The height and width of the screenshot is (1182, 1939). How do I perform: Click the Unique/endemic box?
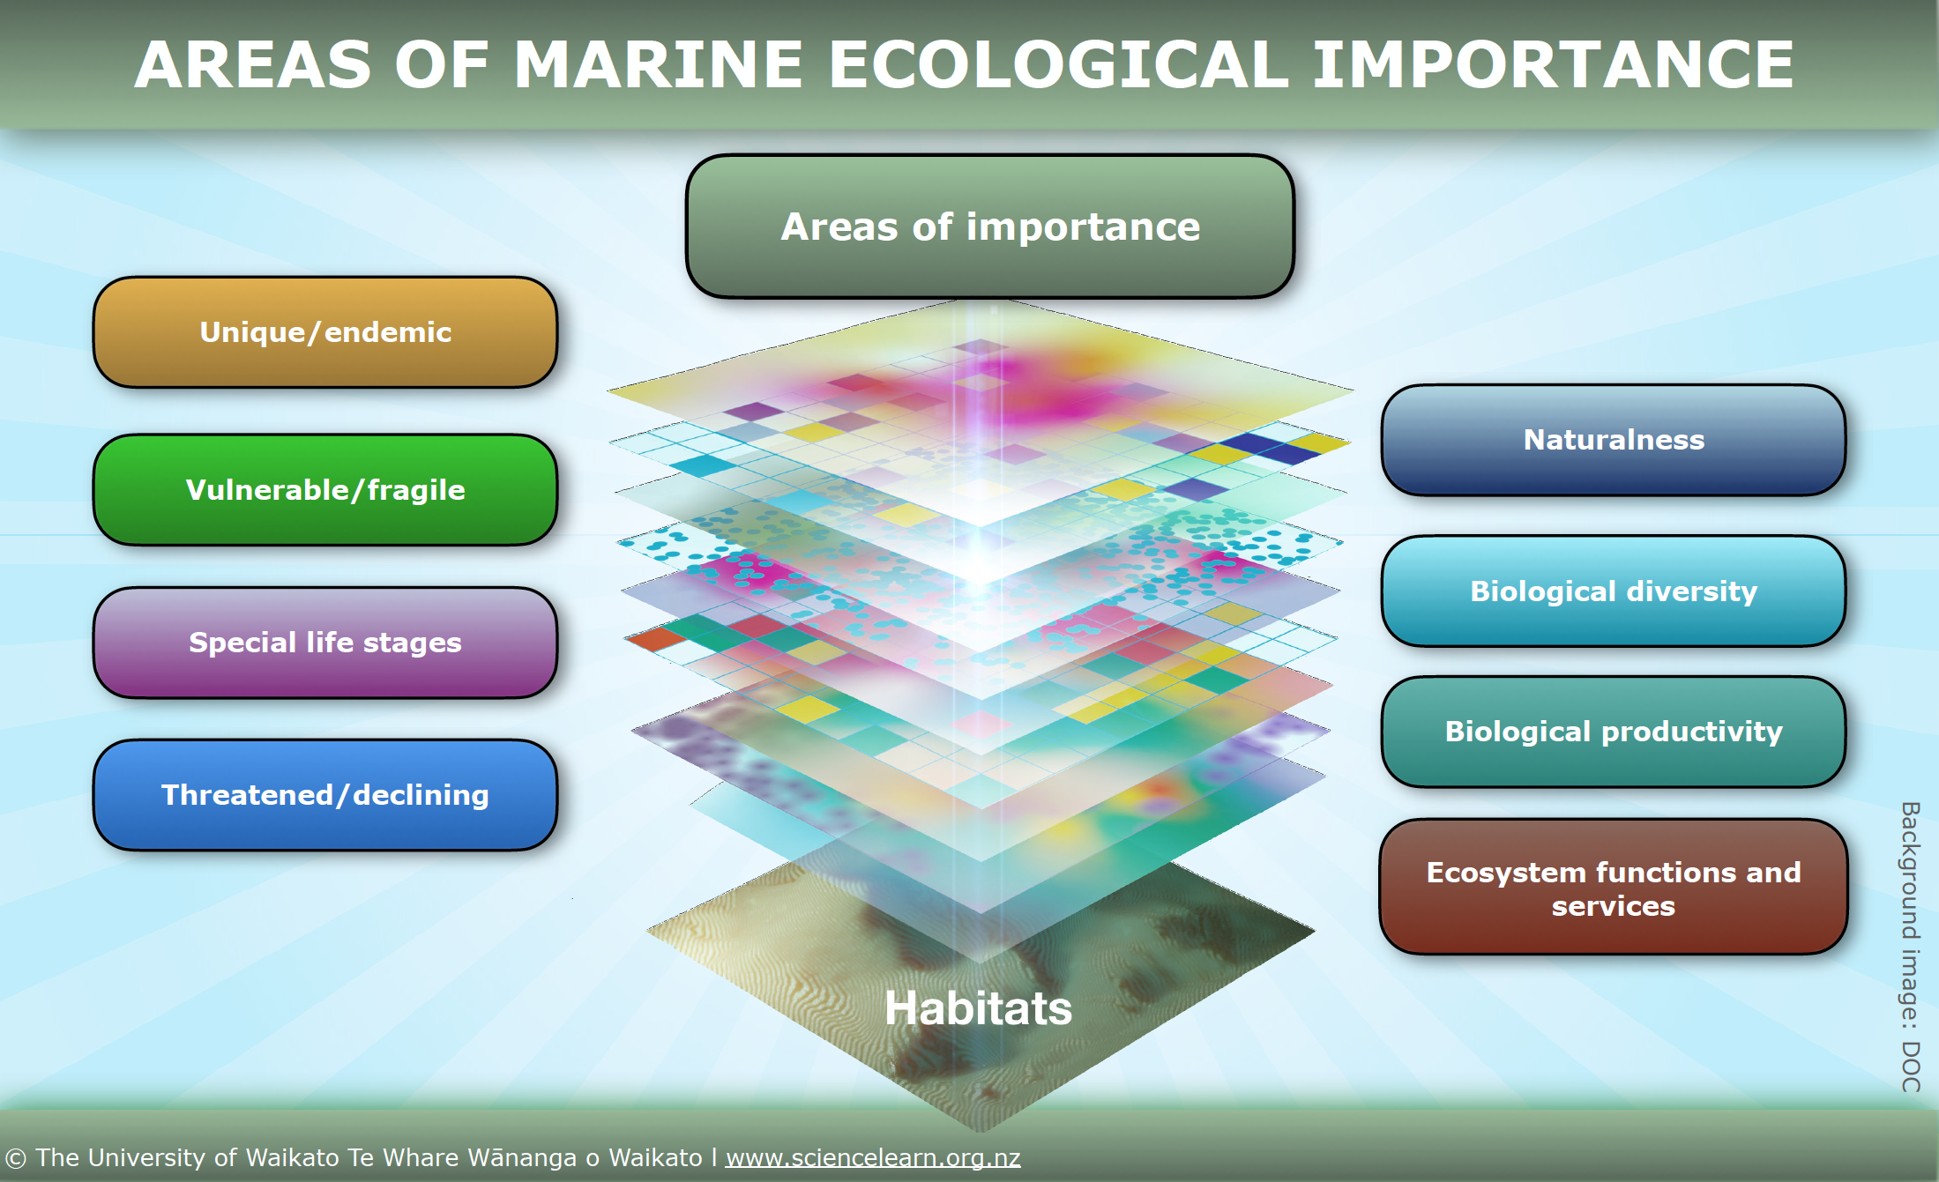coord(325,332)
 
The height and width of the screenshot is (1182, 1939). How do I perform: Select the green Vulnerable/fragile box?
coord(325,489)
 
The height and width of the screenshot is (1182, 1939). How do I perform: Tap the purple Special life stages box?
coord(325,643)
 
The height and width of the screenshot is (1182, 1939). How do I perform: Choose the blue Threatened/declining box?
coord(325,795)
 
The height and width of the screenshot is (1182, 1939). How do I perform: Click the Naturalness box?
coord(1614,440)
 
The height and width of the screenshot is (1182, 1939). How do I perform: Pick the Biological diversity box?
coord(1614,591)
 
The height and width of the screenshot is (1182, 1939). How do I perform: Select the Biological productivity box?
coord(1614,732)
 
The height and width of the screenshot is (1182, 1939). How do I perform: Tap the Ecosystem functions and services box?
coord(1614,887)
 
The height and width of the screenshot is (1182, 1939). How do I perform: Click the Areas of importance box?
coord(990,227)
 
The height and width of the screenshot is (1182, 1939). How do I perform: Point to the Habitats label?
coord(978,1007)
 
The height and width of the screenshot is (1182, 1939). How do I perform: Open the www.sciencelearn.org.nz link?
coord(873,1157)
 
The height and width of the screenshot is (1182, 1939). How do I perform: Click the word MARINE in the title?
coord(658,64)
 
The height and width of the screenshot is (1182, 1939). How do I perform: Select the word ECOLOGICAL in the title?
coord(1058,64)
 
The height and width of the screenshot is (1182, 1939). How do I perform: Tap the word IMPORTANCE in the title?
coord(1553,64)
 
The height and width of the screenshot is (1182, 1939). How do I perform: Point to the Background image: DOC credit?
coord(1910,947)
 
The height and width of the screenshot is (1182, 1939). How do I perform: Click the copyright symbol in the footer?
coord(16,1158)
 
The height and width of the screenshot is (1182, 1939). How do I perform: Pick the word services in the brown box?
coord(1614,906)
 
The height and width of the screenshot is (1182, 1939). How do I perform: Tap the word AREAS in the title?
coord(253,64)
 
